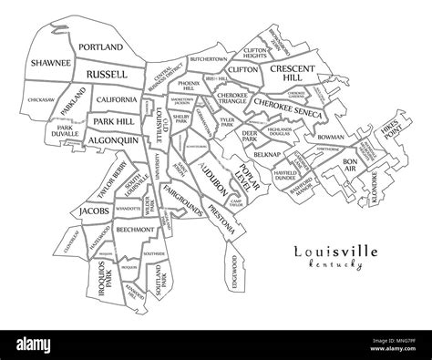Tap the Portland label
coord(100,46)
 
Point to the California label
coord(117,99)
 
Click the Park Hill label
coord(112,120)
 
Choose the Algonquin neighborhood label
coord(113,140)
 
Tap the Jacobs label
coord(96,211)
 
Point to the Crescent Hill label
coord(293,73)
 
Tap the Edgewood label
coord(235,271)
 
